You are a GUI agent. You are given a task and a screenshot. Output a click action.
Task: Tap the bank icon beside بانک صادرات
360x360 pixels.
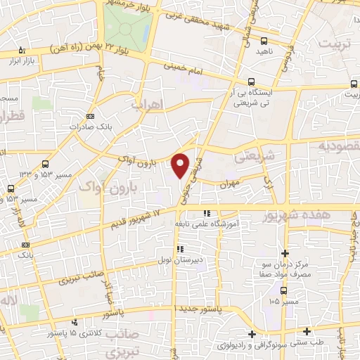[x=89, y=116]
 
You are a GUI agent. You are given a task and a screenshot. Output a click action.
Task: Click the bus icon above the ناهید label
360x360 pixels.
[x=264, y=41]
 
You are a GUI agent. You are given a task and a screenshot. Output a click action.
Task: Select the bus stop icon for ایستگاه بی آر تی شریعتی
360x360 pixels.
[x=251, y=82]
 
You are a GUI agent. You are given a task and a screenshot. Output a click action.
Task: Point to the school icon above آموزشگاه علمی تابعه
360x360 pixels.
[x=206, y=212]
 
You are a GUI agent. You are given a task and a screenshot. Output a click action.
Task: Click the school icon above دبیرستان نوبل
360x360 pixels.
[x=181, y=249]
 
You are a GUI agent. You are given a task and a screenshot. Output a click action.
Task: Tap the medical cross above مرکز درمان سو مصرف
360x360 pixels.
[x=284, y=253]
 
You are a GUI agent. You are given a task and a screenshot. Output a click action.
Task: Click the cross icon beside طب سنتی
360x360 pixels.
[x=307, y=330]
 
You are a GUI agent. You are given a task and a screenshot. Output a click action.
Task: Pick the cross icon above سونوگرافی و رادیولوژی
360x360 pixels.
[x=252, y=333]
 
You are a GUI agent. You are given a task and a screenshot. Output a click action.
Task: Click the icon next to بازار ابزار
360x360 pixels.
[x=22, y=50]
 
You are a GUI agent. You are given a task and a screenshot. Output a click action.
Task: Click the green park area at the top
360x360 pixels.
[x=127, y=25]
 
